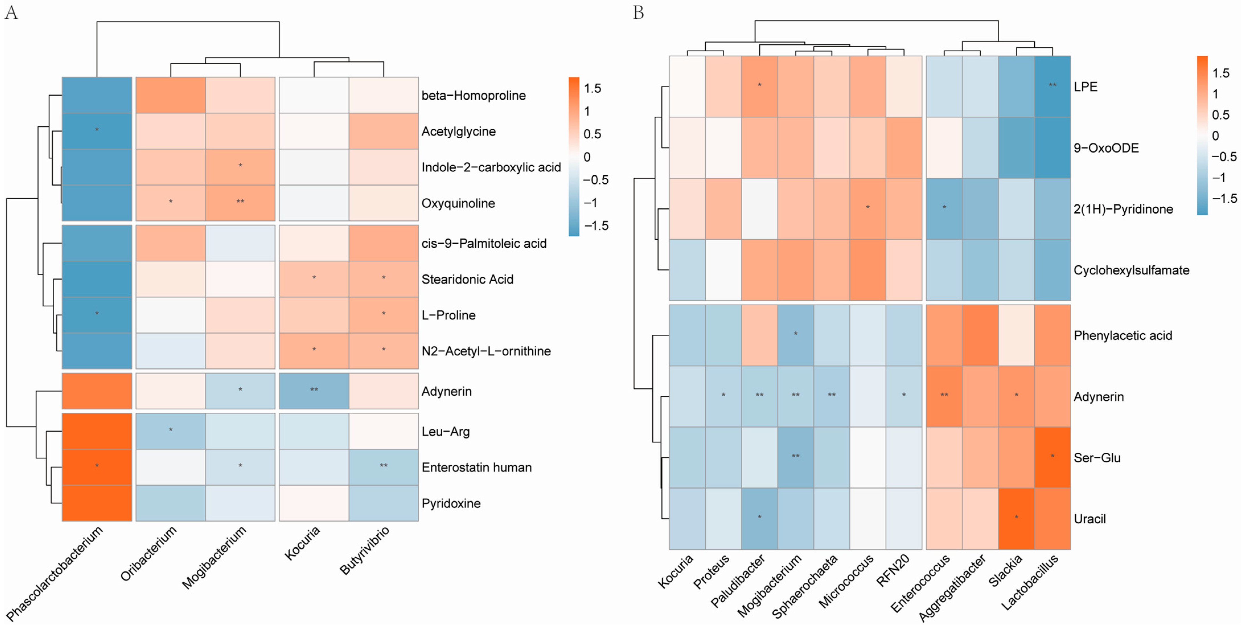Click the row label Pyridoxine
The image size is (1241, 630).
click(451, 504)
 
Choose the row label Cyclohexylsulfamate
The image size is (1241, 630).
click(1131, 270)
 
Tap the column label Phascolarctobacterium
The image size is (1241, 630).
click(56, 574)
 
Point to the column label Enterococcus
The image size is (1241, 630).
click(920, 583)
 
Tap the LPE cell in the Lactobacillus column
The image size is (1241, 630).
click(1052, 86)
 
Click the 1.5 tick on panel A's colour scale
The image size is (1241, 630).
click(593, 88)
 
